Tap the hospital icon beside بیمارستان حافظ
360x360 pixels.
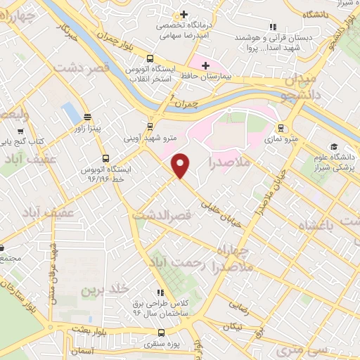click(x=205, y=65)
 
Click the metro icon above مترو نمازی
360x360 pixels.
click(x=281, y=128)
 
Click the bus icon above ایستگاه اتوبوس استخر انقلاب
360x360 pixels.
click(x=150, y=59)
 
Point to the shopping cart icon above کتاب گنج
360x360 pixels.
click(x=21, y=130)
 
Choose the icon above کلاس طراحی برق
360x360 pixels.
click(x=161, y=292)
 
